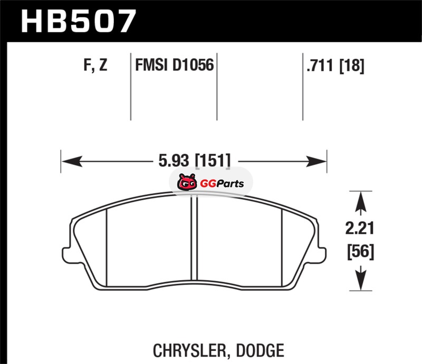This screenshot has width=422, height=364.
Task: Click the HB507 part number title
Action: tap(78, 21)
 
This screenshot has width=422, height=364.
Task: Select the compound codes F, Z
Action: tap(95, 65)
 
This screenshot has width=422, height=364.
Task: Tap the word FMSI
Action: tap(151, 65)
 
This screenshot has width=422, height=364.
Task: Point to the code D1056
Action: tap(193, 65)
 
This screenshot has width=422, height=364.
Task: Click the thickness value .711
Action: tap(320, 65)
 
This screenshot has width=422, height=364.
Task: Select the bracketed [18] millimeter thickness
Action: tap(352, 66)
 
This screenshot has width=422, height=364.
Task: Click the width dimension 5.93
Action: tap(174, 161)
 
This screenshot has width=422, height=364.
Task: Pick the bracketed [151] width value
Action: tap(213, 161)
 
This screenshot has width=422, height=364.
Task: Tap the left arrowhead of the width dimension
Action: tap(72, 161)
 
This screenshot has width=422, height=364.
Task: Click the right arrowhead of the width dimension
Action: tap(316, 161)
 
